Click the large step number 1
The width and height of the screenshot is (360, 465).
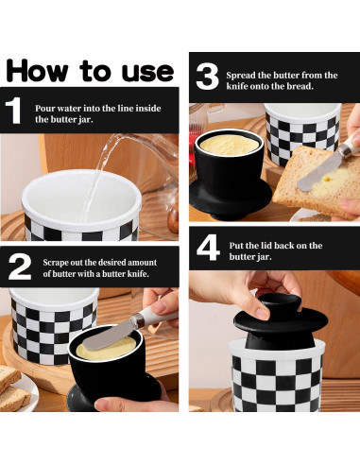(x=13, y=110)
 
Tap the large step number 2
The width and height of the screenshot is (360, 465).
(x=20, y=267)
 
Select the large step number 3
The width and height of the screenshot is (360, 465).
(x=207, y=77)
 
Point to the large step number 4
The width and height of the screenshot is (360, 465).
(x=208, y=248)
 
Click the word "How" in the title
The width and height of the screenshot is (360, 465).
(x=37, y=71)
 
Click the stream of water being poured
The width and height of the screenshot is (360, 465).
(x=96, y=178)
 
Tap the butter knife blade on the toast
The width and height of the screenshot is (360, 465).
(x=318, y=175)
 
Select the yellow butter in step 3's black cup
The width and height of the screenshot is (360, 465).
(x=230, y=145)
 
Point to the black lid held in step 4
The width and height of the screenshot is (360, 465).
(x=281, y=322)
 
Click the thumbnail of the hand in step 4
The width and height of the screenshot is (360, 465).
(x=263, y=313)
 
